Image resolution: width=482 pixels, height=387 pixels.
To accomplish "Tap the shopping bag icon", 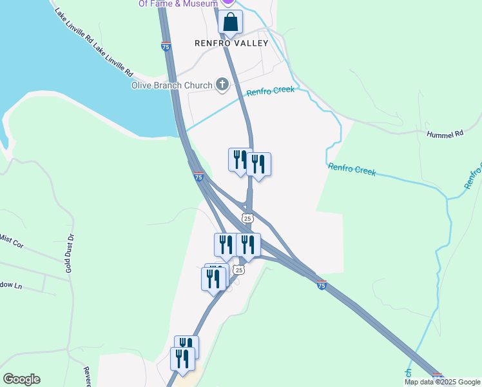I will coord(230,23).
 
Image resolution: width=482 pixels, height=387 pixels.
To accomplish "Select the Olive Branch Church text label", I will coord(172,85).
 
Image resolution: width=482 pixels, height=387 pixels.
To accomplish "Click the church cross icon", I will coord(222,84).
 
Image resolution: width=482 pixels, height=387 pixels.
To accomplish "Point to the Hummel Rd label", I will coord(445,134).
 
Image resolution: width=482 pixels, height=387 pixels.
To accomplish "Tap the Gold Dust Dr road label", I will coord(70,253).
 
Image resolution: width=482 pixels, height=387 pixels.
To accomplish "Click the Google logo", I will coord(21,379).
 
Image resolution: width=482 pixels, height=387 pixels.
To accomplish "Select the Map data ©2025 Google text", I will coord(443,382).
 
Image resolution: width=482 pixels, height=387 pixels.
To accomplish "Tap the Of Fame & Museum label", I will coord(177,3).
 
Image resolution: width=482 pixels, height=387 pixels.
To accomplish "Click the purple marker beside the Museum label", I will coord(227,3).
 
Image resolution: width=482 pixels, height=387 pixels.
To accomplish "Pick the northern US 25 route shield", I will coord(247,218).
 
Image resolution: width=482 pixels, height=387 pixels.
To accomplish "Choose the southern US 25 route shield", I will coord(239,270).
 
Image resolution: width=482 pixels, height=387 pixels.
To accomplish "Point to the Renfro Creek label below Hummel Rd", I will coord(352,170).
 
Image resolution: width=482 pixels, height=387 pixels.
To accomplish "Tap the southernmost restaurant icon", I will coord(182,359).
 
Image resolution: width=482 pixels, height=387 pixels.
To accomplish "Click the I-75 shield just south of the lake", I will coord(199,176).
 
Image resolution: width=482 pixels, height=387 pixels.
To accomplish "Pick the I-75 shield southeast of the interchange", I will coord(322,284).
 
